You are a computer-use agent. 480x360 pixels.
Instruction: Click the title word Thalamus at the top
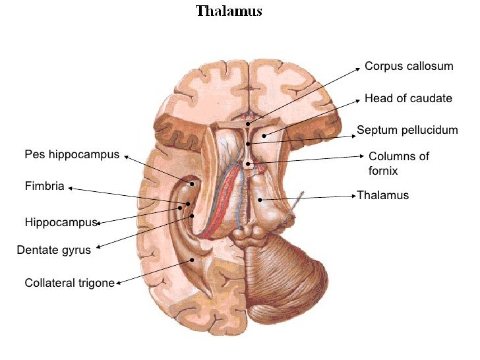coord(229,11)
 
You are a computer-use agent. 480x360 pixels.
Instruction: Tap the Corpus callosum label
coord(409,67)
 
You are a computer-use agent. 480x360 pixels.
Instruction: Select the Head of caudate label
coord(408,98)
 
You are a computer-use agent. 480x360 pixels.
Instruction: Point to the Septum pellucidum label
coord(407,130)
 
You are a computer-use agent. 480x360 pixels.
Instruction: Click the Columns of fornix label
coord(398,163)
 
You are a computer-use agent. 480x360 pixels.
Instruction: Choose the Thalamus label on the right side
coord(382,195)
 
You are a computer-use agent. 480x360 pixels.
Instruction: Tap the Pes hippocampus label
coord(72,155)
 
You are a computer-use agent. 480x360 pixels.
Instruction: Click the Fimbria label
coord(44,187)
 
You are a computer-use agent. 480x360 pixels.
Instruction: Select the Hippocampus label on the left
coord(61,222)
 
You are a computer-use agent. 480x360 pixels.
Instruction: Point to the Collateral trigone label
coord(69,283)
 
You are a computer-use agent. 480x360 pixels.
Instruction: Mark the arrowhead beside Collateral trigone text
coord(118,284)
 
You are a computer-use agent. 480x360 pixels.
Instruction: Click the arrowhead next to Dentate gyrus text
coord(98,249)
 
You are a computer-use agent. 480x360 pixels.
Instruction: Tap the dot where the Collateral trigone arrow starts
coord(192,259)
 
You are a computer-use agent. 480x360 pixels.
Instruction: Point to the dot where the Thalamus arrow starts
coord(260,199)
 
